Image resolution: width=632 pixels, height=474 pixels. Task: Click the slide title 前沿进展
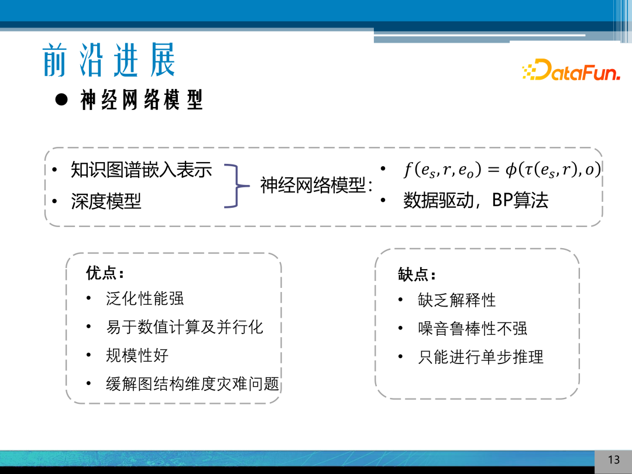109,60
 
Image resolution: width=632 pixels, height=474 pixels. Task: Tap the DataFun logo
571,70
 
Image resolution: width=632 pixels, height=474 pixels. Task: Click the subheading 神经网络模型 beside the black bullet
142,101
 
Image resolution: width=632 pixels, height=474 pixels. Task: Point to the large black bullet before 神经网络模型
61,99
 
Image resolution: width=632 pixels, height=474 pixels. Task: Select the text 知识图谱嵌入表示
141,170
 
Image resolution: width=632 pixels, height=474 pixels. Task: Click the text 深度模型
106,201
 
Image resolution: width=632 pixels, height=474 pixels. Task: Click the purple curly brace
235,186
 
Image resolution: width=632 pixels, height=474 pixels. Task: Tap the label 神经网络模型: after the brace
317,186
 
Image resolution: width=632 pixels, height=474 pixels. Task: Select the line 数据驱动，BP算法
476,201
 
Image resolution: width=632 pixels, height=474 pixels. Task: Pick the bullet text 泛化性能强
145,298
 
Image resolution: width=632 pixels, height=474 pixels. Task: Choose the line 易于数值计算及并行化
184,327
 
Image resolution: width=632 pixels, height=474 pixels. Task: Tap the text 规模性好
137,355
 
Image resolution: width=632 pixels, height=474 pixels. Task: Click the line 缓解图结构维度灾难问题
193,384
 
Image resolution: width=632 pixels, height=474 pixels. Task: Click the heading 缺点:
417,274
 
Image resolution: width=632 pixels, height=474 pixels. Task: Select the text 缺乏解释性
456,300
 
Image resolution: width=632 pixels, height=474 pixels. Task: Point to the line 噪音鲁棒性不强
472,328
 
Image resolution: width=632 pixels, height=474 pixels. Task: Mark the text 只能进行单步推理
480,356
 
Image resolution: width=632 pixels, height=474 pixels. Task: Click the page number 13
613,459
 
